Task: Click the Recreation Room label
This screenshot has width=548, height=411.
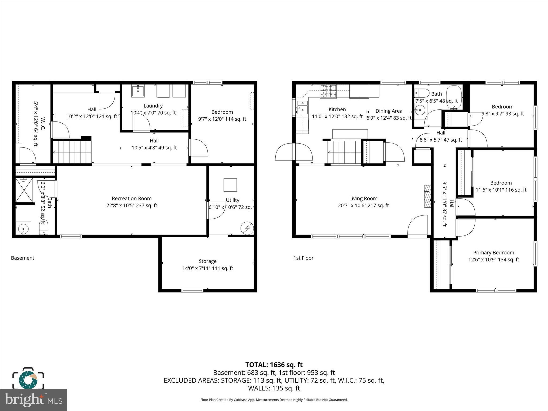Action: [131, 199]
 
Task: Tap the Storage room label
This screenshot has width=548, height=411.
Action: [207, 261]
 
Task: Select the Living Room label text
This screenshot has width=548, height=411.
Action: [363, 199]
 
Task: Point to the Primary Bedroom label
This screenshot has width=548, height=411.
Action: [493, 253]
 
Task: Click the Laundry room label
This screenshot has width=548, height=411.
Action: [153, 106]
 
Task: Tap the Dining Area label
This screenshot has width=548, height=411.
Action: [389, 111]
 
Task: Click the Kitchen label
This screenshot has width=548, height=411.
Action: [337, 109]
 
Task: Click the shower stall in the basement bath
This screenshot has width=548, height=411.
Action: [24, 190]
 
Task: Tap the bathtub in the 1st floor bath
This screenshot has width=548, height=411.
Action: [454, 97]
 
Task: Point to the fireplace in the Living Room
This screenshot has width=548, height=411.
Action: [428, 196]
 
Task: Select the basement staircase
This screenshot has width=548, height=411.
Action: [72, 152]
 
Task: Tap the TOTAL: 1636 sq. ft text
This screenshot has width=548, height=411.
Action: [274, 365]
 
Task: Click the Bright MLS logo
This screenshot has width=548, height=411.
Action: [33, 400]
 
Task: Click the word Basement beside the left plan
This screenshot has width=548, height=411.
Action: [22, 258]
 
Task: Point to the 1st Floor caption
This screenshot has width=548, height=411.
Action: [303, 258]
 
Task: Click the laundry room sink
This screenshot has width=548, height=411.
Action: [138, 91]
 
